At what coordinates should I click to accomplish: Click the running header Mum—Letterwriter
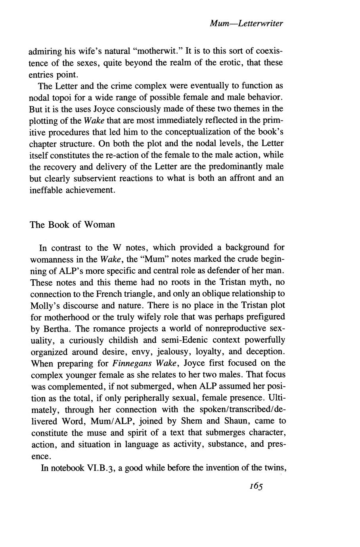click(x=246, y=24)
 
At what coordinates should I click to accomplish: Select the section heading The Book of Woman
click(x=72, y=225)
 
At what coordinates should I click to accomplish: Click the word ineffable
click(x=47, y=190)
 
